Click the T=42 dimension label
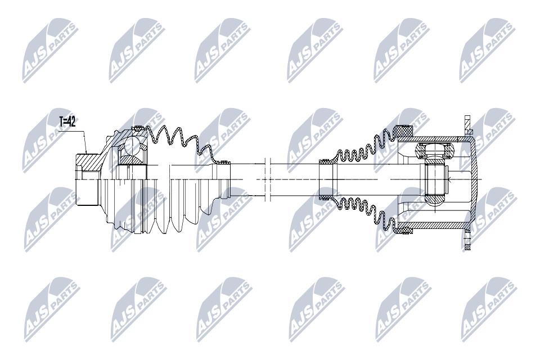pos(67,121)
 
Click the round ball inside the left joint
pos(131,146)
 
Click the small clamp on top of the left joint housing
pos(138,128)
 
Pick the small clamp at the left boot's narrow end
pos(225,161)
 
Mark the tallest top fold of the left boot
pos(160,133)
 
